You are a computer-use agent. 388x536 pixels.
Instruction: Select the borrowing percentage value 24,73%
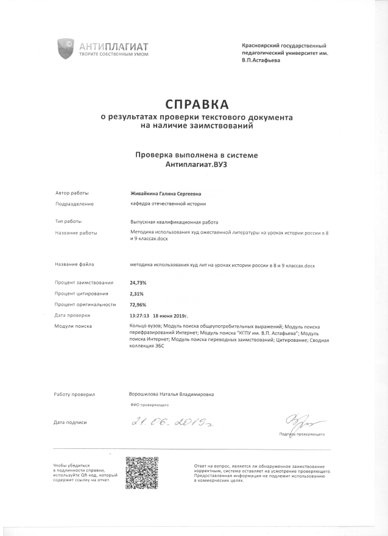pos(138,283)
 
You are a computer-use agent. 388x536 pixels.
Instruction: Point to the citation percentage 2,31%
pos(137,294)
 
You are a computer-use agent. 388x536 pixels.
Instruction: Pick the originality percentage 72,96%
pos(138,304)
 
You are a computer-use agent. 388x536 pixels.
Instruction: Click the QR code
pos(142,473)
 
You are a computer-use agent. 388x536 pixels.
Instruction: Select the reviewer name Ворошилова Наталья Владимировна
pos(171,394)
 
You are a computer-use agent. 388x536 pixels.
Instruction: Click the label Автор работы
pos(71,192)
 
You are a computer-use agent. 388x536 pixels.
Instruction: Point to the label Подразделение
pos(74,203)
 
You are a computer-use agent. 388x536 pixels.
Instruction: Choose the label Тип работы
pos(68,222)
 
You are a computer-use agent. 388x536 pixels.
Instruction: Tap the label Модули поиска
pos(72,326)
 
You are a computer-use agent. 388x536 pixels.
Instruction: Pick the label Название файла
pos(74,265)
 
